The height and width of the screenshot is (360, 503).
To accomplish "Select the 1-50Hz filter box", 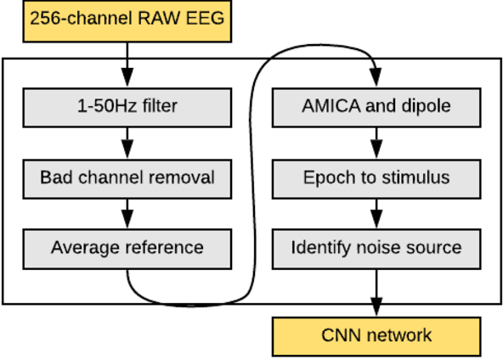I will [127, 108].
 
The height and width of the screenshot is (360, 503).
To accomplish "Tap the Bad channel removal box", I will [127, 178].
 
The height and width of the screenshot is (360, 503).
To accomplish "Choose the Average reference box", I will [127, 248].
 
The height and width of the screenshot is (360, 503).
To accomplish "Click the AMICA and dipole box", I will [376, 108].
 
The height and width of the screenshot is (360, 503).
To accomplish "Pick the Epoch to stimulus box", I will [376, 178].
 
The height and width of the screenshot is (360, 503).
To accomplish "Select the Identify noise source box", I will [376, 248].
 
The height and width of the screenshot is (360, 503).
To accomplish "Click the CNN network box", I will [376, 335].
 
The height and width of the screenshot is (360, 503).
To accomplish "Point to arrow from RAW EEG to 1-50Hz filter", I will [127, 64].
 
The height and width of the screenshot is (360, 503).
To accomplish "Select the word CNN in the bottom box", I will [338, 335].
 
